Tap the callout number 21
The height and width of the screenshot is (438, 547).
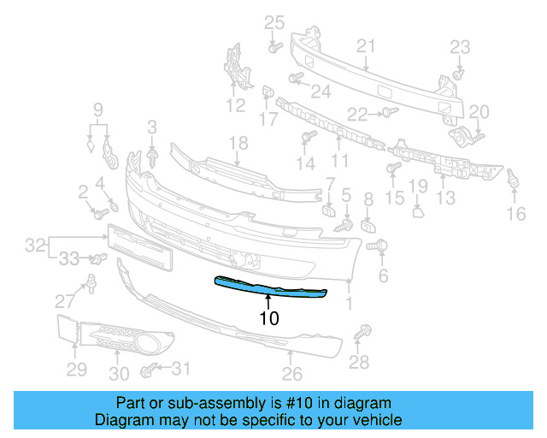(x=366, y=45)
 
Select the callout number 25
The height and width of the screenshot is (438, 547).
(x=273, y=22)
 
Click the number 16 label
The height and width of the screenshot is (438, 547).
(x=515, y=214)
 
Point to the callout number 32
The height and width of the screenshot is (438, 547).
(x=35, y=246)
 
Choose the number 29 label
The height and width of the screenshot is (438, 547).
(x=77, y=369)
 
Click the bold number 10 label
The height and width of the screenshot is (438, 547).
(x=269, y=318)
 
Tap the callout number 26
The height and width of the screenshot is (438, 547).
(x=292, y=374)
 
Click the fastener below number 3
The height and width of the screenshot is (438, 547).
(x=153, y=157)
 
